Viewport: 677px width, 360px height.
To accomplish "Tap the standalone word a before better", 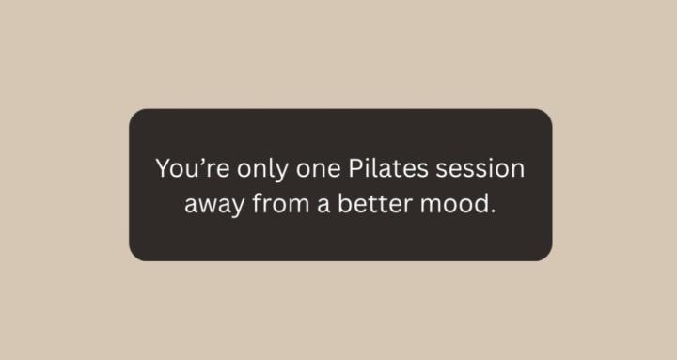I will [x=323, y=204].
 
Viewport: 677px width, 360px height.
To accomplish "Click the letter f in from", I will [x=257, y=202].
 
